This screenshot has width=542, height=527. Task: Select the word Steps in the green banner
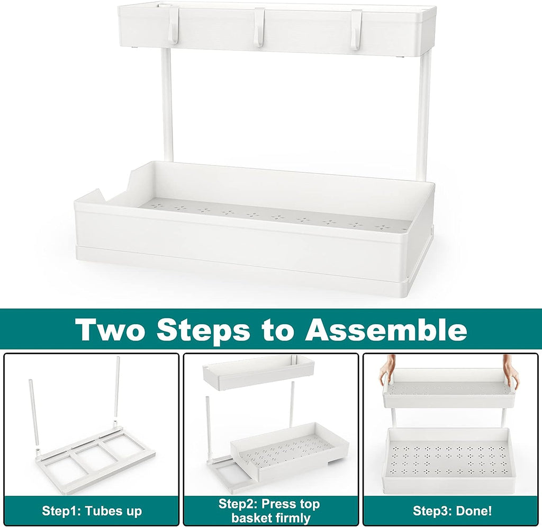pos(203,329)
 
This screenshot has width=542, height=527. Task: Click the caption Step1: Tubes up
pos(92,511)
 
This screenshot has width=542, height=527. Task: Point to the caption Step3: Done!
pos(453,511)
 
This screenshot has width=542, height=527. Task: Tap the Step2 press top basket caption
pos(269,511)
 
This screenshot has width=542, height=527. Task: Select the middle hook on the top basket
pos(259,28)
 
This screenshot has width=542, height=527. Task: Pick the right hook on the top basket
pos(356,29)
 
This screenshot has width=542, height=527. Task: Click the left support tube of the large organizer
pos(167,106)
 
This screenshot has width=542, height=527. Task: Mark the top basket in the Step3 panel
pos(449,389)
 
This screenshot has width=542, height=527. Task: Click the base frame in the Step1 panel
pos(95,461)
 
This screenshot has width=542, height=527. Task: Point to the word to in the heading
pos(277,331)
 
